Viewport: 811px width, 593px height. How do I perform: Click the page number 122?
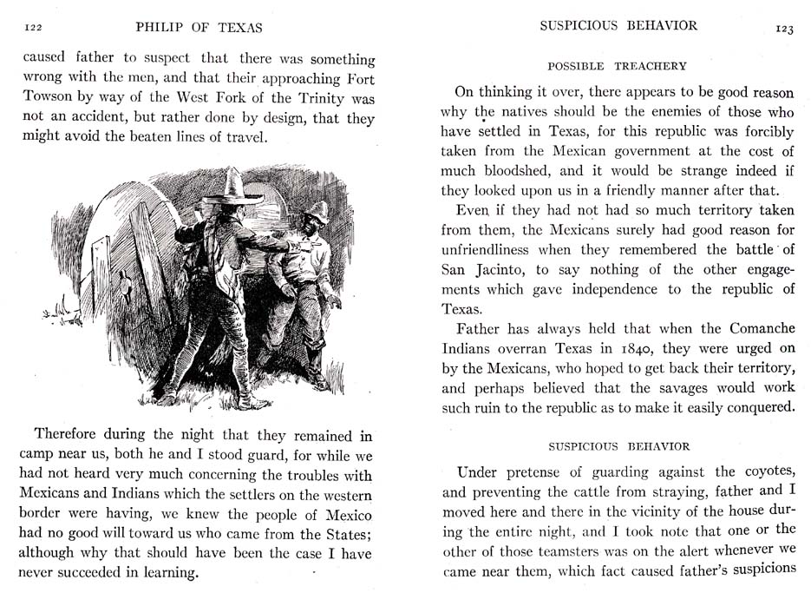pos(34,28)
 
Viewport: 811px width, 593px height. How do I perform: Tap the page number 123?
pos(783,28)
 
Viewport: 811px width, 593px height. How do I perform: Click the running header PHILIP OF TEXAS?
pos(199,28)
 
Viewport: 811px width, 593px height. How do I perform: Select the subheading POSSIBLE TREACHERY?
pos(617,66)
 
